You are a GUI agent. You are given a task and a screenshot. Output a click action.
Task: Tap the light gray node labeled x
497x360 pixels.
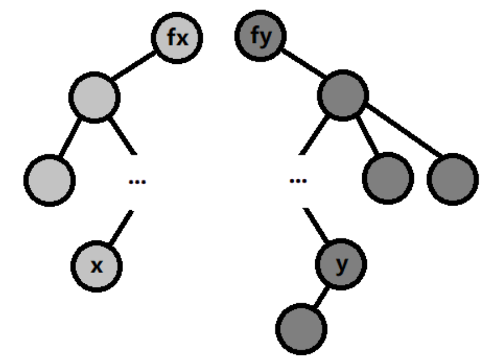point(96,266)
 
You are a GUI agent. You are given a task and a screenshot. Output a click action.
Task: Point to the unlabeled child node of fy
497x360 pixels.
point(344,95)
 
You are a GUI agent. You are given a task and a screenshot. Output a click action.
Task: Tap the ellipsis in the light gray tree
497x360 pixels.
point(137,181)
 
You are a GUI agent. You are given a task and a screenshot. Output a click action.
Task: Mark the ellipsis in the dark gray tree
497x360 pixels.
point(298,181)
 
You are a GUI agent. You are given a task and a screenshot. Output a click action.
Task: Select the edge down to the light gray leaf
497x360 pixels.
point(70,137)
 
